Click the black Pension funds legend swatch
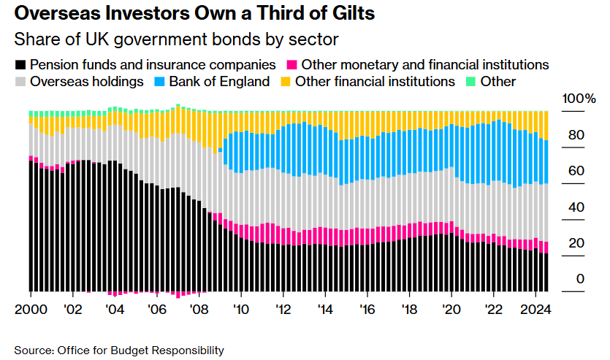point(20,64)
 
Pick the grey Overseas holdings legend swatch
point(20,82)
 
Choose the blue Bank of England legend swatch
point(159,82)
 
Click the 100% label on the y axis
point(579,99)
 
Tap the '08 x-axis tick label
point(197,308)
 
